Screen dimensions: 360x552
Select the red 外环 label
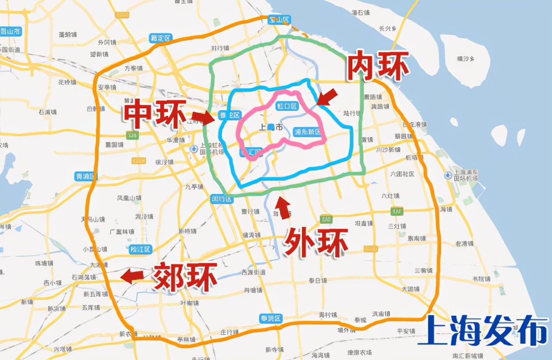(x=316, y=242)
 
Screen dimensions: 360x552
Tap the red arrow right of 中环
(x=203, y=117)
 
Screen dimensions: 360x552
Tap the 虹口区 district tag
(x=287, y=106)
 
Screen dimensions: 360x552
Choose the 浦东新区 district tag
(x=308, y=132)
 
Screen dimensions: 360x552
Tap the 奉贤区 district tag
(x=270, y=318)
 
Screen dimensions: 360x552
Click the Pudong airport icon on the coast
(x=448, y=175)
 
